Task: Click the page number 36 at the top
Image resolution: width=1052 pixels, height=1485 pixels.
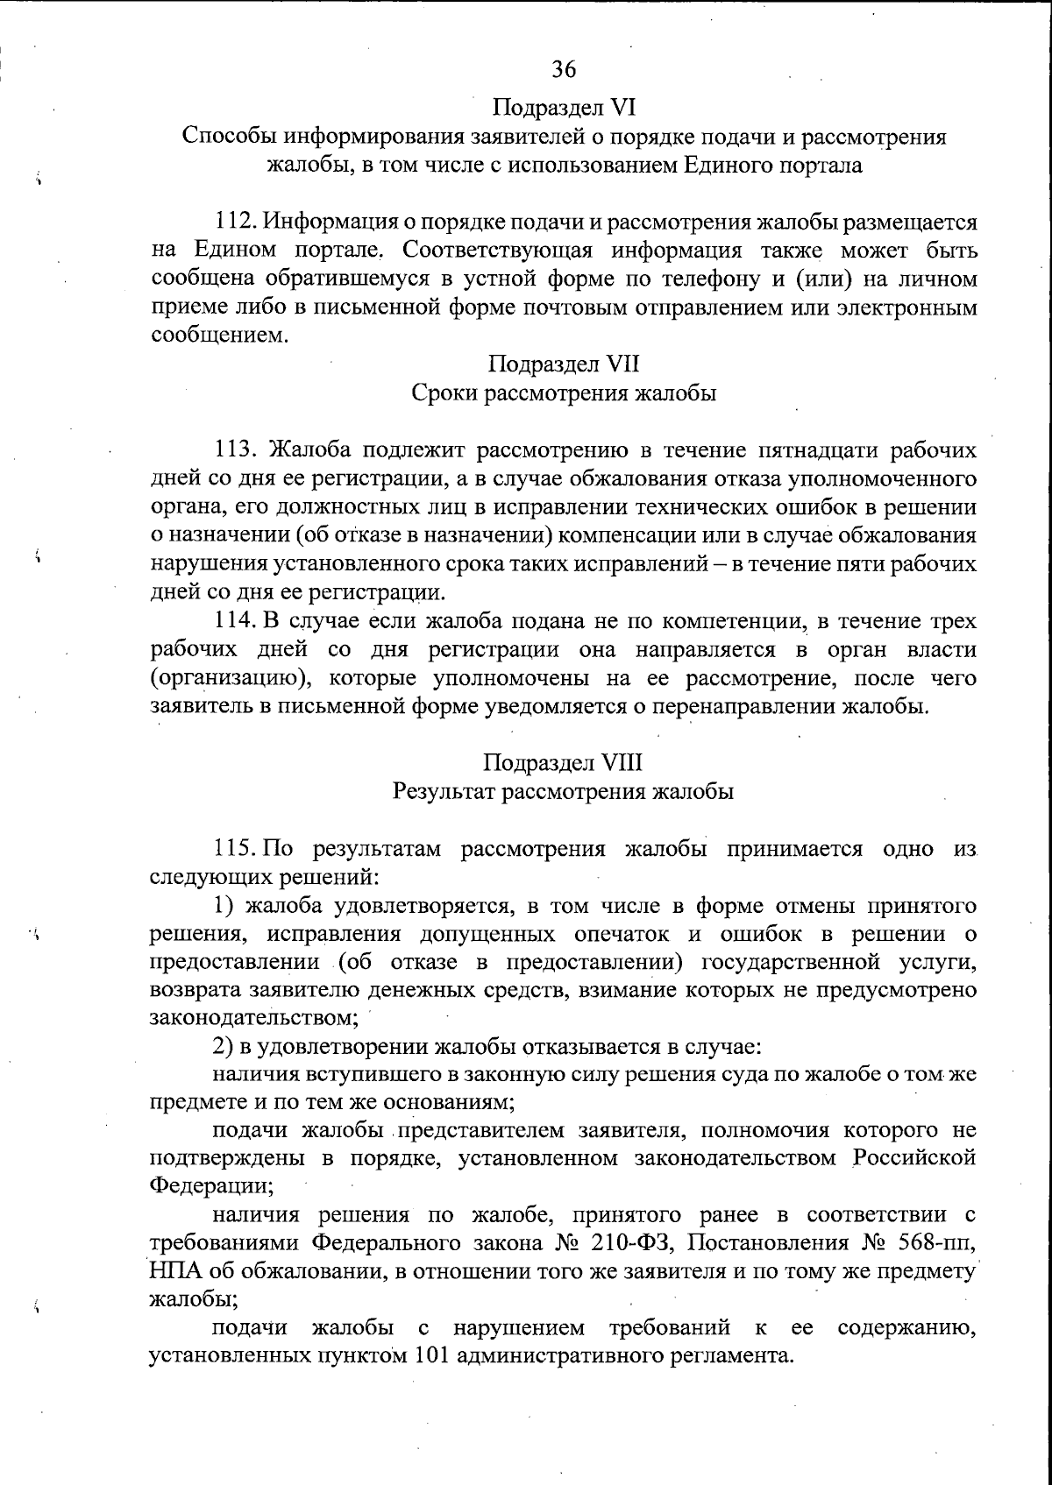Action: click(x=563, y=67)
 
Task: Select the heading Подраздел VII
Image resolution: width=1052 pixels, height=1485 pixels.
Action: click(x=563, y=364)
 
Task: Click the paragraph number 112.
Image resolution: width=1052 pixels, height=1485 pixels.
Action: click(x=235, y=222)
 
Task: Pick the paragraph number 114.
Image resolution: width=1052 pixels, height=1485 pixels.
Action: click(x=235, y=622)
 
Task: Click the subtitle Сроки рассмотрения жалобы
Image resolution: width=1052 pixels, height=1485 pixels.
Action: click(x=564, y=392)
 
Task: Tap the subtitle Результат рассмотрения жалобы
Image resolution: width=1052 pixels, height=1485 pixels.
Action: click(x=563, y=791)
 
